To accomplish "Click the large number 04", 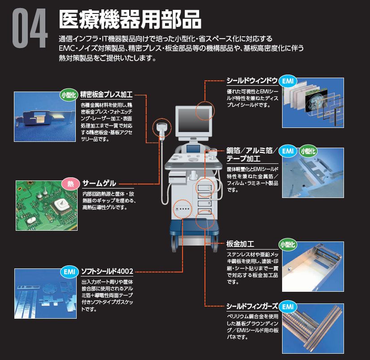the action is [x=30, y=28].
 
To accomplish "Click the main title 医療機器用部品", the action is [x=130, y=20].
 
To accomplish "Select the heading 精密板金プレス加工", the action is [x=106, y=94].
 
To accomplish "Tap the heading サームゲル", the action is [x=100, y=183].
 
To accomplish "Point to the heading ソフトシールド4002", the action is [x=107, y=271].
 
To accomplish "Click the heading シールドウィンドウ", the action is [x=252, y=81].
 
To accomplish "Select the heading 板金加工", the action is [x=240, y=244].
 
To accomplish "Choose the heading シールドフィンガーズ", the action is [x=252, y=307].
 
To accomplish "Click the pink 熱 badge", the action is [x=70, y=184].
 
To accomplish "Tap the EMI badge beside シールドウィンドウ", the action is [x=288, y=81].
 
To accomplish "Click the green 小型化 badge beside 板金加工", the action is [x=287, y=245].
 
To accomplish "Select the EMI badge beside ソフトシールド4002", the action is [x=70, y=272].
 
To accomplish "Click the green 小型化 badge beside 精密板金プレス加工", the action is [x=69, y=95].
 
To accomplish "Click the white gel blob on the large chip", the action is [x=61, y=204].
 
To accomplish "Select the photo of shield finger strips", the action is [x=313, y=329].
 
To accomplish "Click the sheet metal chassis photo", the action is [x=313, y=267].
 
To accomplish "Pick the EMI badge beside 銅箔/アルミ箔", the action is [x=288, y=151].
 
